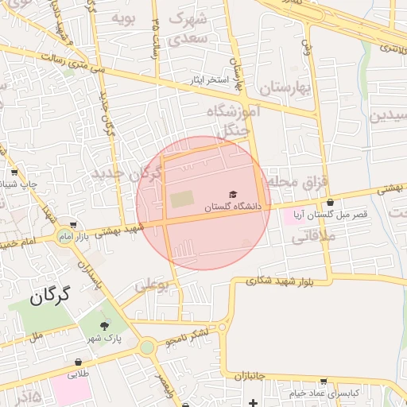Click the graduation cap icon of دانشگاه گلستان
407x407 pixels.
(x=233, y=194)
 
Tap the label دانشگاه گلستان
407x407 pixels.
(x=233, y=207)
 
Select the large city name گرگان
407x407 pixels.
(x=50, y=297)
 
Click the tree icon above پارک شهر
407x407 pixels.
(x=104, y=325)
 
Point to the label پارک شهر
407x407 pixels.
(x=104, y=338)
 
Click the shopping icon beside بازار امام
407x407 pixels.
(x=74, y=226)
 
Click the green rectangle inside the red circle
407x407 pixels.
(x=181, y=199)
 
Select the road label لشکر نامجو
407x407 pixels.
(x=188, y=336)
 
